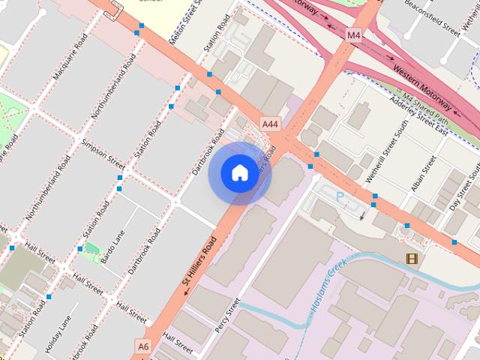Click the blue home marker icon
tap(239, 173)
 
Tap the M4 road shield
tap(354, 34)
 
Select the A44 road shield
tap(270, 122)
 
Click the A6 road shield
tap(143, 346)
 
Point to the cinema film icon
tap(412, 259)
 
